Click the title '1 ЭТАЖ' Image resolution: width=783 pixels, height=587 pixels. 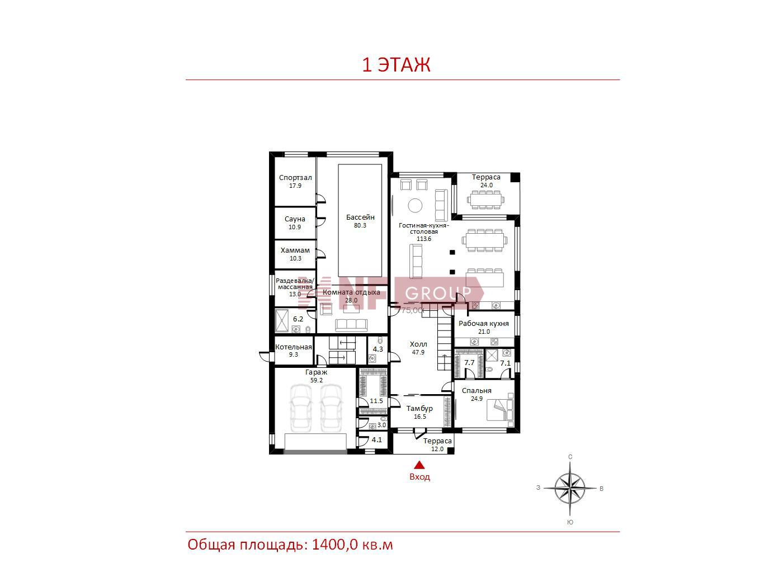(396, 65)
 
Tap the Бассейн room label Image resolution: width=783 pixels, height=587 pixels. (360, 217)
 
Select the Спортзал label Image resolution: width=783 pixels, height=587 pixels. (295, 177)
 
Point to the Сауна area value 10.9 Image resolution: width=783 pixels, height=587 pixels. (295, 227)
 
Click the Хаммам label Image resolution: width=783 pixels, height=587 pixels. (295, 250)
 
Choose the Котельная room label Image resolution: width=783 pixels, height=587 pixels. (293, 347)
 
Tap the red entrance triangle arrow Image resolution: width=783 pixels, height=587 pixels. (419, 465)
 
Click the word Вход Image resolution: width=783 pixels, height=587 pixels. (419, 476)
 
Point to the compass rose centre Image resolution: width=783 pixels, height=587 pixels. (570, 488)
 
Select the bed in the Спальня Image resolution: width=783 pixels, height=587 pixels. (500, 409)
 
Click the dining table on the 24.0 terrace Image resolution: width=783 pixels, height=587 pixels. (486, 200)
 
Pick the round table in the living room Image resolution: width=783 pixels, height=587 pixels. (415, 205)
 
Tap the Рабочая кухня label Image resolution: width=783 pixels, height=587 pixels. (483, 324)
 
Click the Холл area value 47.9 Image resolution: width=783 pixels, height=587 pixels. (418, 352)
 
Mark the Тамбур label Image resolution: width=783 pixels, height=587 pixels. (419, 409)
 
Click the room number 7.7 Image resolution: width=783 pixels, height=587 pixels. (469, 363)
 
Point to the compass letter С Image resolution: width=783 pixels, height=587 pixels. (570, 457)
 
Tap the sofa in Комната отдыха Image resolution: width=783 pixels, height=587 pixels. (351, 325)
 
